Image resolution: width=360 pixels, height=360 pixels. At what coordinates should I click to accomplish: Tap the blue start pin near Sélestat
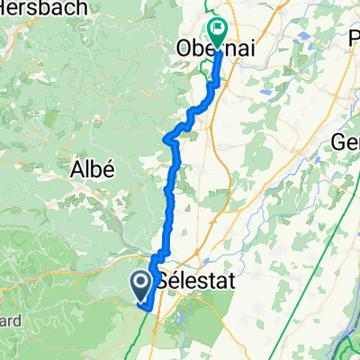[142, 285]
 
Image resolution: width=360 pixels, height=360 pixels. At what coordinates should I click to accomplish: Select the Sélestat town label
[194, 282]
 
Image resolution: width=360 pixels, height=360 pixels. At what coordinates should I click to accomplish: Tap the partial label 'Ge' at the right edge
[346, 142]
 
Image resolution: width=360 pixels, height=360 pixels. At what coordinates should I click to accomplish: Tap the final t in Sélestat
[230, 282]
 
